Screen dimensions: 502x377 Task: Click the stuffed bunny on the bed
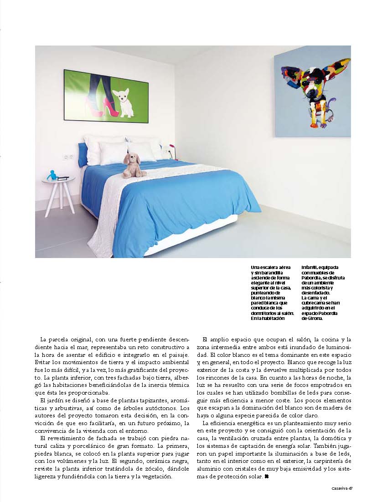pyautogui.click(x=134, y=164)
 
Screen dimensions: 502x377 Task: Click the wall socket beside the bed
pyautogui.click(x=68, y=157)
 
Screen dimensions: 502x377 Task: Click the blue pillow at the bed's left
pyautogui.click(x=83, y=155)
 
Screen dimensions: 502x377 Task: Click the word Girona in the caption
pyautogui.click(x=315, y=319)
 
